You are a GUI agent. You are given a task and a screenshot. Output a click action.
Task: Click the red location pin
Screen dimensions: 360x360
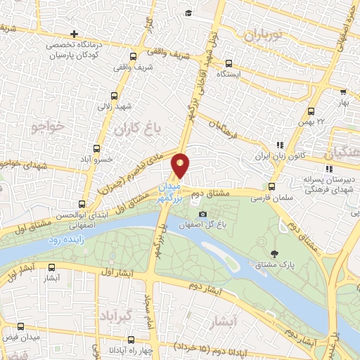click(x=181, y=165)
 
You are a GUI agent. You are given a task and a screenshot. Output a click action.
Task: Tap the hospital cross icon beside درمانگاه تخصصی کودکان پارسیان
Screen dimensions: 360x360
click(x=75, y=34)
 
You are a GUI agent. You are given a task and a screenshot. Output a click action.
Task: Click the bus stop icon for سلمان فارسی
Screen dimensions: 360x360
click(x=272, y=186)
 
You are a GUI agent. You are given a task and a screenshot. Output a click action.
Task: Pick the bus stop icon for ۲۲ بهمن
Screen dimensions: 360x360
click(x=312, y=110)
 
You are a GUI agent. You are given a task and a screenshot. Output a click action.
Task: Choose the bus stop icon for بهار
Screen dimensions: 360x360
click(x=343, y=91)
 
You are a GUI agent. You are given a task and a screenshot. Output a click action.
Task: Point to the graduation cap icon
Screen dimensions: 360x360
click(x=188, y=13)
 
